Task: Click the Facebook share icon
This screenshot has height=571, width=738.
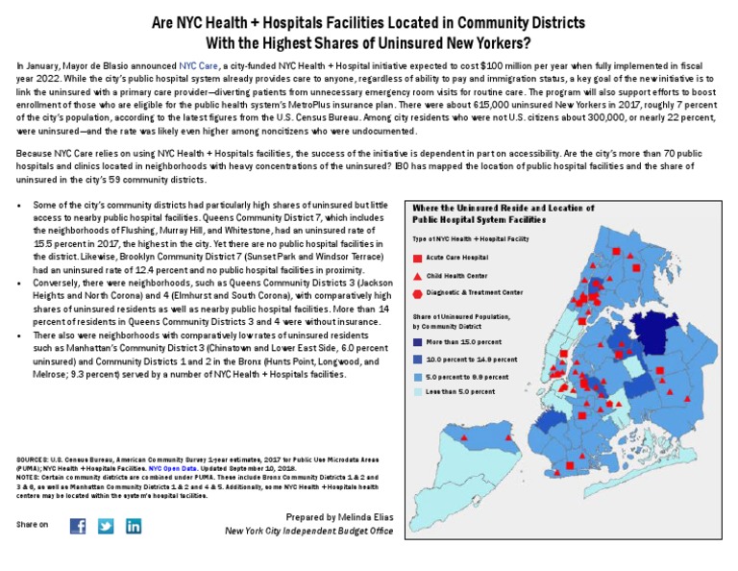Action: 78,526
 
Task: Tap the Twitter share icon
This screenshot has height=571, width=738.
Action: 106,526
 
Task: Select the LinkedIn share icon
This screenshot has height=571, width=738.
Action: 134,526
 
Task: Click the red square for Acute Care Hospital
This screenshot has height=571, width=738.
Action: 418,259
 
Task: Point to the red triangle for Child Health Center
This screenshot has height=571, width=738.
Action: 418,276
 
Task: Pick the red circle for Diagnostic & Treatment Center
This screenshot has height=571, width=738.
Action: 418,293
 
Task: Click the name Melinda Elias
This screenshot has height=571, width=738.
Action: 365,517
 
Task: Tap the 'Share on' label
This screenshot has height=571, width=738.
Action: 33,525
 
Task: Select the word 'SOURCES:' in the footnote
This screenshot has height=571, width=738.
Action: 36,462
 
